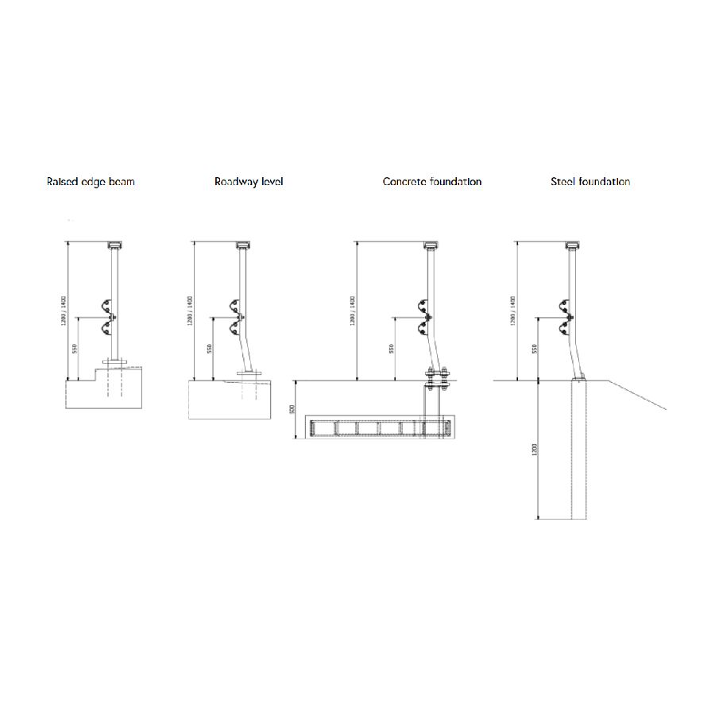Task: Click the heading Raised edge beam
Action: click(x=91, y=182)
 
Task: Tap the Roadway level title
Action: click(x=249, y=182)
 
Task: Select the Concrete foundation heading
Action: click(x=432, y=182)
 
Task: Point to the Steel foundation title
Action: click(x=590, y=182)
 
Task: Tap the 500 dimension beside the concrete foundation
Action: click(x=292, y=410)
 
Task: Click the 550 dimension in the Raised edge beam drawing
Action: click(x=75, y=349)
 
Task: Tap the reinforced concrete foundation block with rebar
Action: click(x=381, y=428)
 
